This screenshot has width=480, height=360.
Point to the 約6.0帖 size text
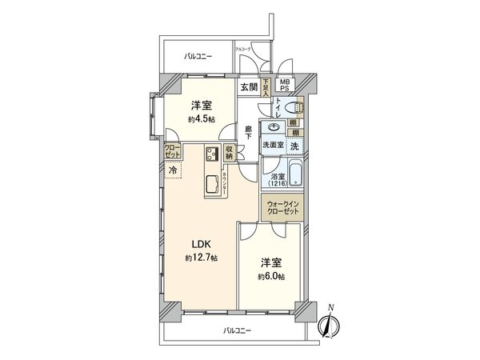coord(270,277)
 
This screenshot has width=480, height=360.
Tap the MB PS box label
coord(285,85)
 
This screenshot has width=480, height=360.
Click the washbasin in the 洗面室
coord(274,127)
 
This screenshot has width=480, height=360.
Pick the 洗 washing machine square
coord(294,146)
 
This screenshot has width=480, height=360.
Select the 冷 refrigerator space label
coord(172,170)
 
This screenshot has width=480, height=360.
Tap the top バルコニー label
coord(198,56)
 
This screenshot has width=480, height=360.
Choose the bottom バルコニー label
coord(236,330)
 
